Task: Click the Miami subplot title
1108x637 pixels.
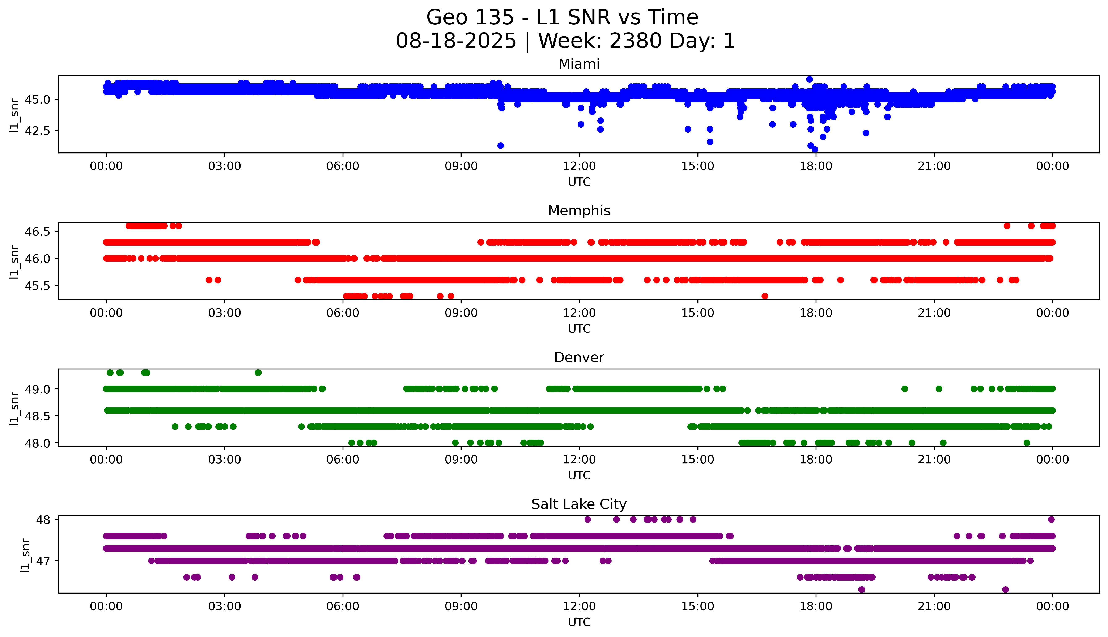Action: click(579, 64)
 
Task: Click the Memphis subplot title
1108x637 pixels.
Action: click(579, 211)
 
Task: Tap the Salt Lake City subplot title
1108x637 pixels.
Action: click(579, 504)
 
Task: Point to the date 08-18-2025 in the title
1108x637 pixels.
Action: click(456, 41)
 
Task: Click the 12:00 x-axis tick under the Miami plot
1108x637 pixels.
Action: click(579, 166)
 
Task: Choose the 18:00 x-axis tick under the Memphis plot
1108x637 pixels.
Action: click(816, 313)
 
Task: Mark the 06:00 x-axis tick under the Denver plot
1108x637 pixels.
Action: click(343, 459)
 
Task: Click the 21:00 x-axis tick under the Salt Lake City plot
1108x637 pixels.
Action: click(934, 606)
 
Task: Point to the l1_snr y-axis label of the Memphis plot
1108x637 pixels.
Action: click(14, 262)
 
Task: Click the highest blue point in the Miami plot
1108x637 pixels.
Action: click(810, 79)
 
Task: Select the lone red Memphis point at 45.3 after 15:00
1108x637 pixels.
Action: click(764, 296)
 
